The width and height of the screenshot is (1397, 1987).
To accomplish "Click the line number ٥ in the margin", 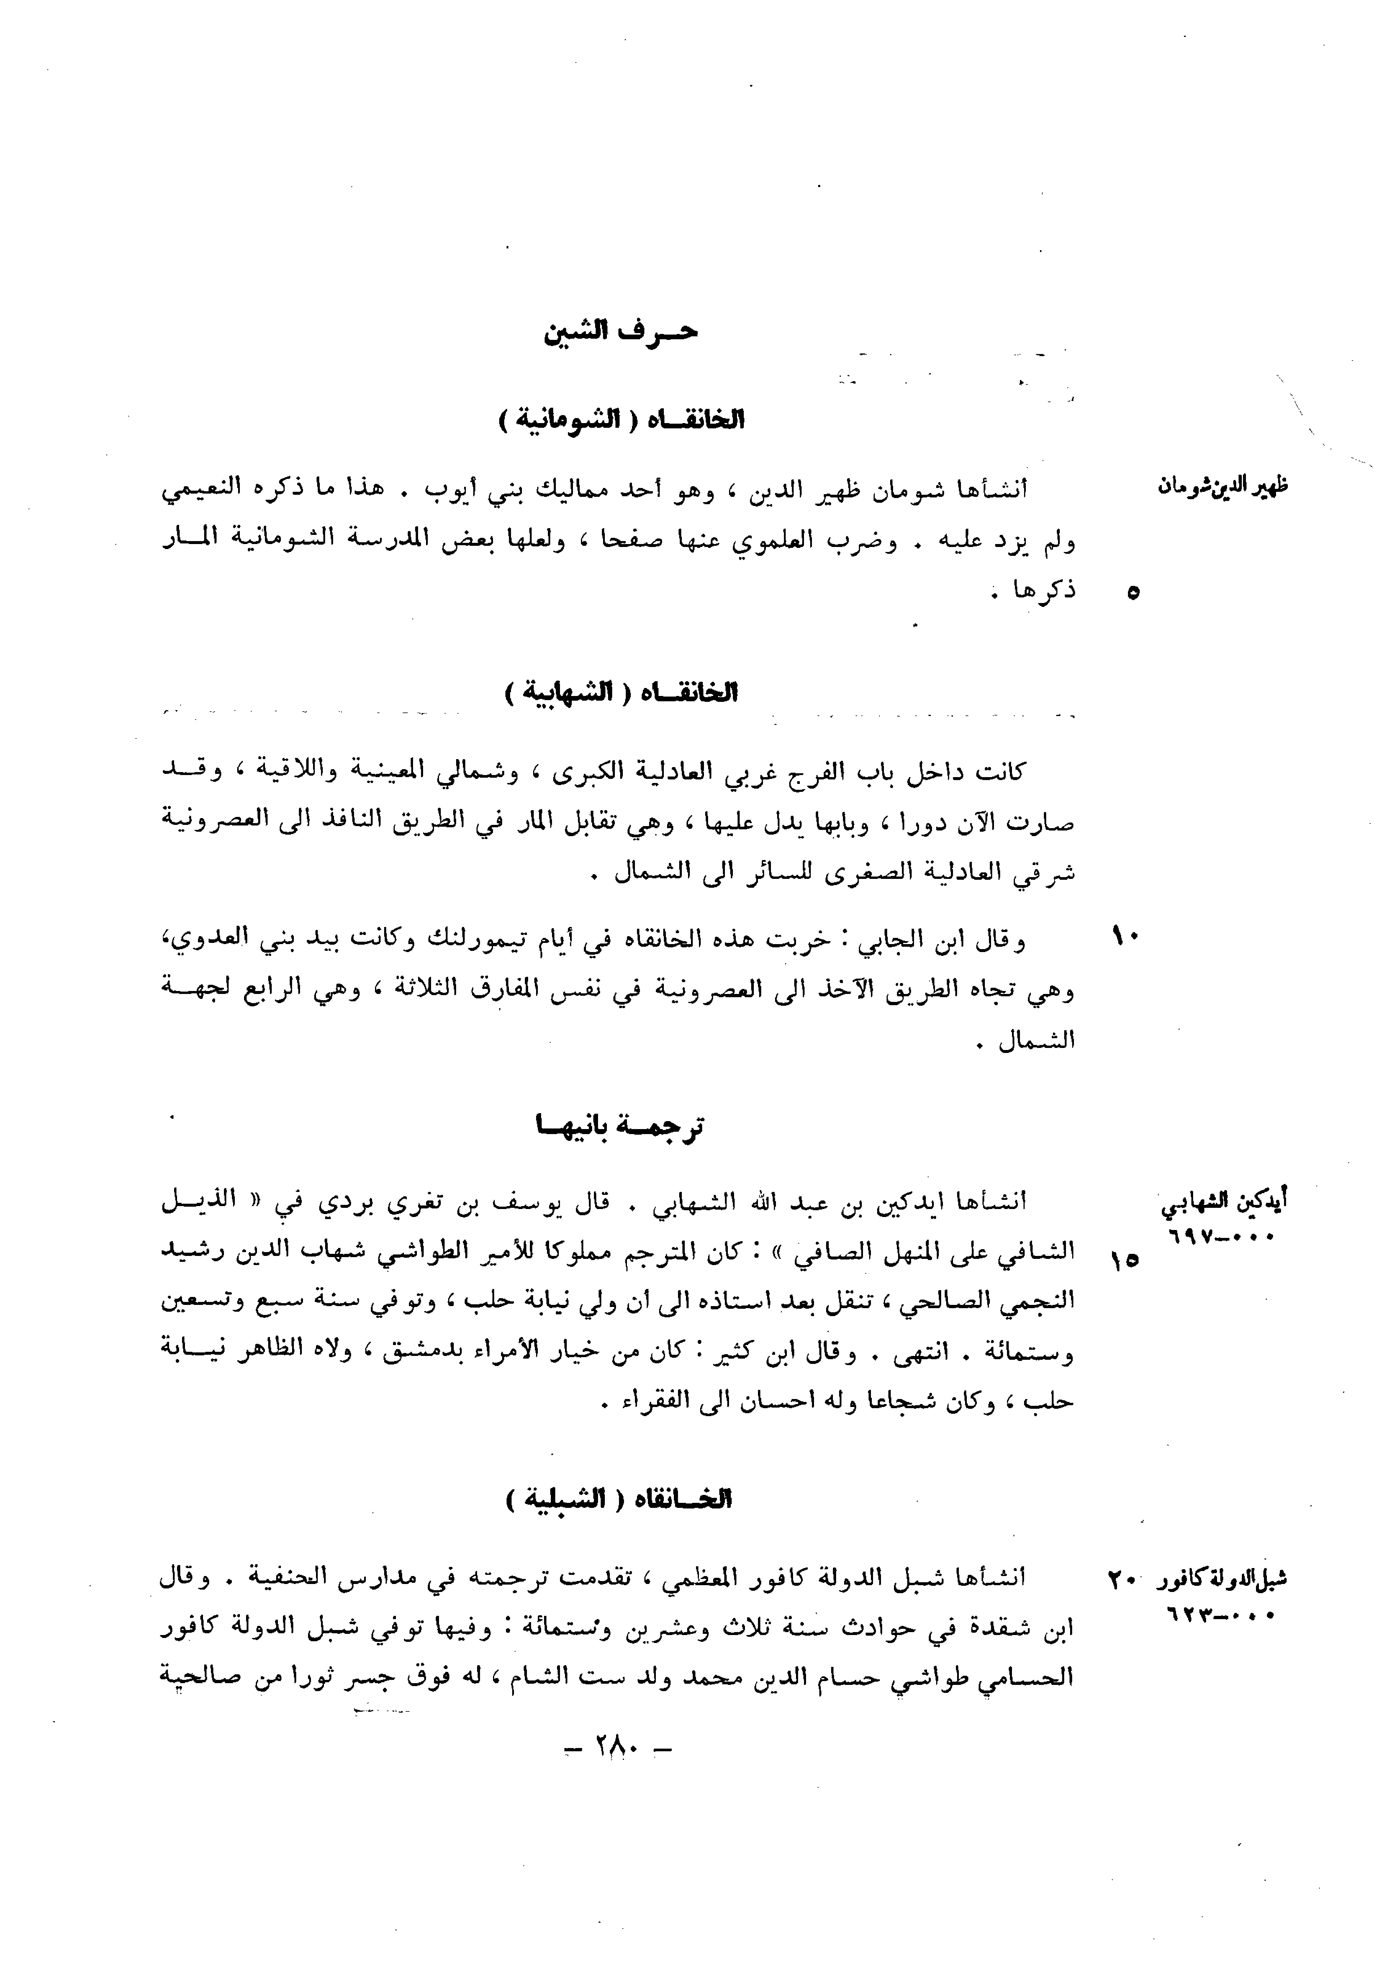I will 1133,593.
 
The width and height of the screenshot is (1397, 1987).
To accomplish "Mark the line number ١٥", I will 1125,1261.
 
